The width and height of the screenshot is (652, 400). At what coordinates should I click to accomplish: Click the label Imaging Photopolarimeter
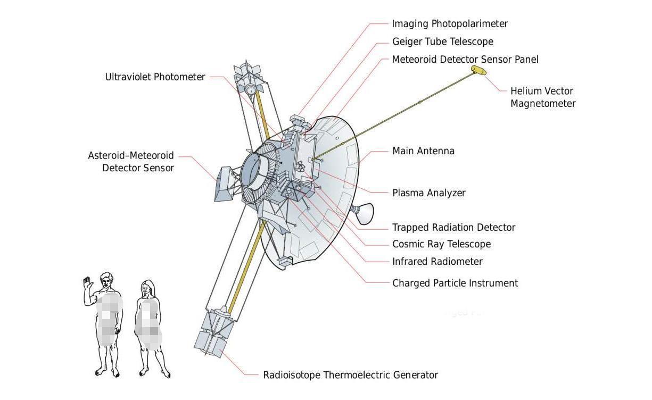pos(450,24)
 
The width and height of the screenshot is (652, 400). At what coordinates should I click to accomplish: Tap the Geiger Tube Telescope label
pos(442,41)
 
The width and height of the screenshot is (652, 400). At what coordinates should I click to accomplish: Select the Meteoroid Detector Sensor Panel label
pos(465,59)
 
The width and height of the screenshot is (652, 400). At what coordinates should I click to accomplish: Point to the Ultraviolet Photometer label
pos(155,77)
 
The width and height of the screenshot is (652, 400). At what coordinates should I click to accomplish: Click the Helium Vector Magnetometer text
pos(542,97)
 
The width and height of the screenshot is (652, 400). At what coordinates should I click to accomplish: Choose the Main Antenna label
pos(423,151)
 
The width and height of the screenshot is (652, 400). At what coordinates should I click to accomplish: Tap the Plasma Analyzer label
pos(428,193)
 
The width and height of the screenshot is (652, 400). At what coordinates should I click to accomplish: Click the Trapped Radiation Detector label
pos(453,228)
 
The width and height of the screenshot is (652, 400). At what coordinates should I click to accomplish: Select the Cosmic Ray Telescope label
pos(441,244)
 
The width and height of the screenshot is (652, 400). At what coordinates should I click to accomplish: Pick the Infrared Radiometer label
pos(437,262)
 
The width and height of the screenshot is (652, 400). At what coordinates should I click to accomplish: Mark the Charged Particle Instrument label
pos(455,284)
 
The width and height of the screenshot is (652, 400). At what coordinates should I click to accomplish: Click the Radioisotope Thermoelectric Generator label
pos(350,376)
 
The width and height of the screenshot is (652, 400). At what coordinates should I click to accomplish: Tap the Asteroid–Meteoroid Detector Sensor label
pos(131,162)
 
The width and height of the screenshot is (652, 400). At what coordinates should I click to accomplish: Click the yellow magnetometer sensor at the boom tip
pos(478,70)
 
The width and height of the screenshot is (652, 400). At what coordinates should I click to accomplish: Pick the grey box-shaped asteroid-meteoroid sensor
pos(222,184)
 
